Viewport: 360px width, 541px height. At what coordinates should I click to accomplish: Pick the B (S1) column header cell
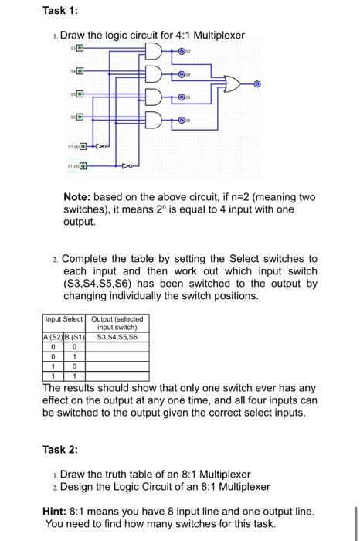(x=76, y=336)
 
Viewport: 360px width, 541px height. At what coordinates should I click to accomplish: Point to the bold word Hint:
(x=59, y=512)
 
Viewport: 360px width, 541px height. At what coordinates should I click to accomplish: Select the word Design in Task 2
(x=79, y=487)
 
